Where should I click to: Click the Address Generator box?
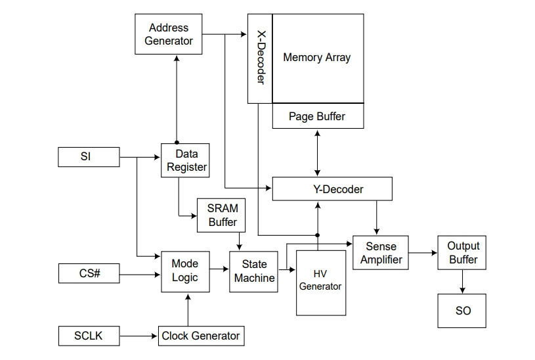click(x=169, y=34)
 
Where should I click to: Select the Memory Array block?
click(x=318, y=58)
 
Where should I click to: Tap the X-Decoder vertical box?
click(x=260, y=58)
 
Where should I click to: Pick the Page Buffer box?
click(x=318, y=116)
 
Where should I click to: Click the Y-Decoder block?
click(x=332, y=189)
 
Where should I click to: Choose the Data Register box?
click(x=185, y=160)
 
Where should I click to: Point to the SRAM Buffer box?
click(x=221, y=215)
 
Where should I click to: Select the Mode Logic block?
click(x=185, y=271)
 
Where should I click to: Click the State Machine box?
click(x=253, y=271)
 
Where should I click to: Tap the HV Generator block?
click(x=321, y=282)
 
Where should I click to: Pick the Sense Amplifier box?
click(x=381, y=253)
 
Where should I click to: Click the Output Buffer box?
click(x=462, y=253)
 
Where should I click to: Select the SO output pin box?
click(x=462, y=311)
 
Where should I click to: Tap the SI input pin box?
click(x=89, y=157)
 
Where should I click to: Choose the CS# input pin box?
click(x=89, y=273)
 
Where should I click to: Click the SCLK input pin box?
click(x=89, y=336)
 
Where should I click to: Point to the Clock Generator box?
click(x=202, y=336)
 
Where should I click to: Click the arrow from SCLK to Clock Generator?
click(x=139, y=336)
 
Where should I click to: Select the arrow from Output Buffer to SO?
click(x=462, y=282)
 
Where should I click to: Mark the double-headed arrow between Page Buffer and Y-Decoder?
click(x=318, y=153)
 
